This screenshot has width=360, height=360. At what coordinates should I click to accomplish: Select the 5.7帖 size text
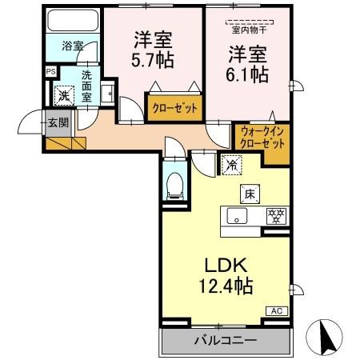click(x=154, y=60)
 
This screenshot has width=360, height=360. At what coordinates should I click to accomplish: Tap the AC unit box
click(x=276, y=310)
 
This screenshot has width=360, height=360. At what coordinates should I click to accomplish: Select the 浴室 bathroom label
click(x=73, y=46)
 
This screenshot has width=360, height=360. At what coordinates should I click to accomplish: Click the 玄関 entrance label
click(x=57, y=122)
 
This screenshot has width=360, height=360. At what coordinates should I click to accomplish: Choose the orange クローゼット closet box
click(x=173, y=106)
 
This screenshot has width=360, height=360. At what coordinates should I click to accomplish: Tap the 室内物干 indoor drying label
click(x=249, y=31)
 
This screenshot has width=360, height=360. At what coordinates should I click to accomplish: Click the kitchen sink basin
click(x=238, y=216)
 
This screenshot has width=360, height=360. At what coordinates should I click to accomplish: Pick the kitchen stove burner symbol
click(x=277, y=215)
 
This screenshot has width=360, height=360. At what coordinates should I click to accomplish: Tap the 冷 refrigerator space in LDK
click(x=230, y=166)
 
